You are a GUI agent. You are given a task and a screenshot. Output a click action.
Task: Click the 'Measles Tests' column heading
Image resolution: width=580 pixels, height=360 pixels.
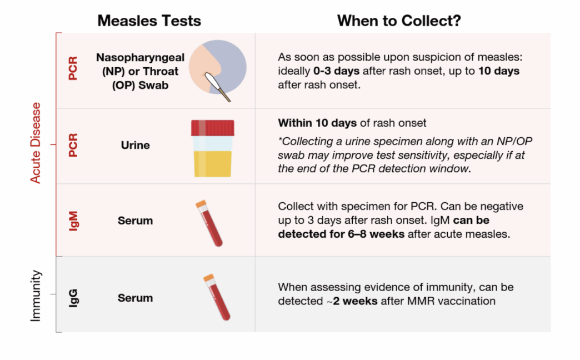point(149,21)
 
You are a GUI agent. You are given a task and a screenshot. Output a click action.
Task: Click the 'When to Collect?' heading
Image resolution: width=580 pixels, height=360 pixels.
point(399,21)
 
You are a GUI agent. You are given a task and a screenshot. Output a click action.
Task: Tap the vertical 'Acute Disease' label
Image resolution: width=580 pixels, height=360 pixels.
point(36,143)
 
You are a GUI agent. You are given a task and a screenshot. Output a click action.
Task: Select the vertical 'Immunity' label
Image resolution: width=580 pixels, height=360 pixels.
point(36,296)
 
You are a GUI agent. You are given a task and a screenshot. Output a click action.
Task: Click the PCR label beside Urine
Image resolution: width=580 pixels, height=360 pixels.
point(73,145)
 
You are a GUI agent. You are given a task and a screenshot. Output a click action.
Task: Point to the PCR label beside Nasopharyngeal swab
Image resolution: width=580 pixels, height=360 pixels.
point(73,68)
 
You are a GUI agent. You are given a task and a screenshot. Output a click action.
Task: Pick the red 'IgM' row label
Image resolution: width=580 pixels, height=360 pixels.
point(73,221)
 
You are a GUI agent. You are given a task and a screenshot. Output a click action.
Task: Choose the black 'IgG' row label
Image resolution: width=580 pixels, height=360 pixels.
point(73,298)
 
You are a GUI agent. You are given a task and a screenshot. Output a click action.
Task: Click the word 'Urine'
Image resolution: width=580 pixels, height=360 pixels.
point(136,145)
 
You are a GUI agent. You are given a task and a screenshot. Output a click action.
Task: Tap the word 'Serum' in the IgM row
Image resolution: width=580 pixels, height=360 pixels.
point(136,221)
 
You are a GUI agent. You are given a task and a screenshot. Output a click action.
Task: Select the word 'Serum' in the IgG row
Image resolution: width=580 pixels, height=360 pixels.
point(136,298)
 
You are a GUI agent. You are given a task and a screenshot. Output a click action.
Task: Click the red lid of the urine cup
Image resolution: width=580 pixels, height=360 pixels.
point(213,128)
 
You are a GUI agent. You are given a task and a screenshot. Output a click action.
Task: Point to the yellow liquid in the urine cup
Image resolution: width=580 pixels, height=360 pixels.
point(213,163)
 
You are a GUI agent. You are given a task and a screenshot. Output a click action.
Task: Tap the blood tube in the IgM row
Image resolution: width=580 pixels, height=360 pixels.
point(209,223)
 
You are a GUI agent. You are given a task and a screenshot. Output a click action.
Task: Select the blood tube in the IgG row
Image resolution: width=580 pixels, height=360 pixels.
point(217,297)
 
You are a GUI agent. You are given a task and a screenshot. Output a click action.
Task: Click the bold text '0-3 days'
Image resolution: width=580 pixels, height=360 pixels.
point(336,71)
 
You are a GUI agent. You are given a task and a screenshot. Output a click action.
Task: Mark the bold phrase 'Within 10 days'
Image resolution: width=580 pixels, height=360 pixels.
point(317,123)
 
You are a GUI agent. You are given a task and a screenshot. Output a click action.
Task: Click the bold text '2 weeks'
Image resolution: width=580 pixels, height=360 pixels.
point(355,301)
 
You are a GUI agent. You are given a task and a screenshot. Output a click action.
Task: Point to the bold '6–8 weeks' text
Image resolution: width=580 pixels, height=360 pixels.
point(376,234)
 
